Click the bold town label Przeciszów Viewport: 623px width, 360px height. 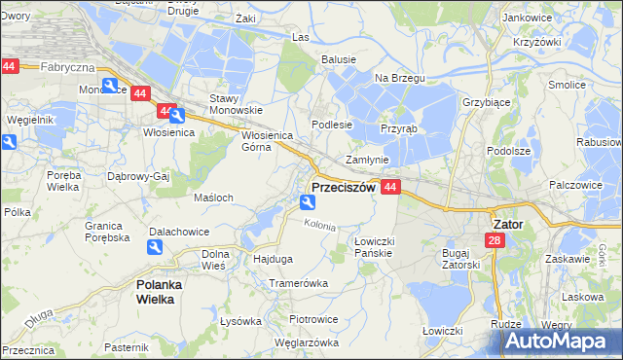coord(343,188)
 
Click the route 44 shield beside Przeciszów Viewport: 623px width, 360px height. coord(390,187)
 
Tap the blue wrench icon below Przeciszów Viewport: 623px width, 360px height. coord(308,202)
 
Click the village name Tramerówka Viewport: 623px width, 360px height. coord(299,283)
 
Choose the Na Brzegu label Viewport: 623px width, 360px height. coord(395,77)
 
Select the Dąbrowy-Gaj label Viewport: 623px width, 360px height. coord(138,176)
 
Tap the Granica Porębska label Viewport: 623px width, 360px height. coord(107,231)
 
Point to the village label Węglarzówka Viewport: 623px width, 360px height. coord(306,342)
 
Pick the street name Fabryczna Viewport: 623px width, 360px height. coord(67,67)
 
